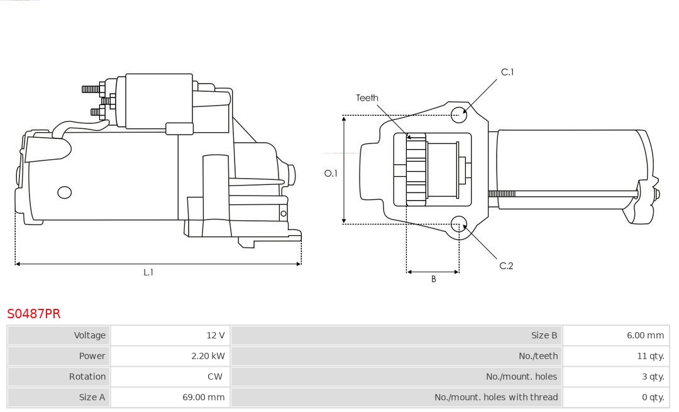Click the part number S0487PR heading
[34, 313]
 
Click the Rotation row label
[87, 376]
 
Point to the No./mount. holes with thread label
[496, 397]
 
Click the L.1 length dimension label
[148, 272]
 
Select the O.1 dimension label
[331, 173]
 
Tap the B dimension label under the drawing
[433, 279]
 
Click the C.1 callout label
[507, 72]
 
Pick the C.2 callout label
[506, 266]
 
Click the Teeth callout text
[367, 97]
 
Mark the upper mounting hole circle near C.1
[459, 113]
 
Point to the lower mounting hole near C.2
[459, 223]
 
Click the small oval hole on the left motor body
[65, 192]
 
